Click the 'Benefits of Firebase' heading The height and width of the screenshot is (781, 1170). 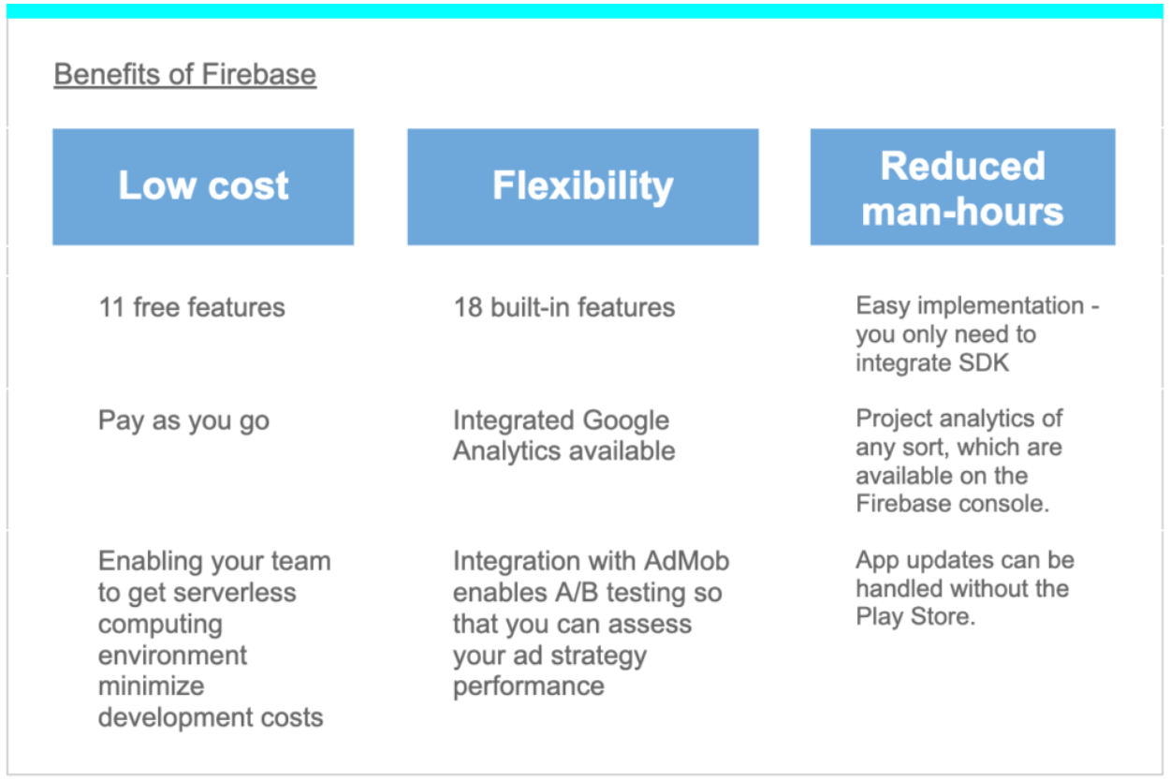click(x=185, y=74)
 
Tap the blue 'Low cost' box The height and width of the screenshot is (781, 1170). click(x=203, y=186)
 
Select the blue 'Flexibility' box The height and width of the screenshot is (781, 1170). click(x=583, y=186)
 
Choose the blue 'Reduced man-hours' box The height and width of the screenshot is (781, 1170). click(x=962, y=186)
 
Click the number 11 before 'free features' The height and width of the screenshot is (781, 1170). click(x=111, y=307)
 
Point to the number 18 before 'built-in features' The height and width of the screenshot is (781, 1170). click(x=468, y=307)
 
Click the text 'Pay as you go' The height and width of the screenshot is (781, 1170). click(x=183, y=421)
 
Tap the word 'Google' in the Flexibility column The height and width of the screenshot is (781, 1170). click(x=626, y=421)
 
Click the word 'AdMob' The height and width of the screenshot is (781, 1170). click(x=686, y=561)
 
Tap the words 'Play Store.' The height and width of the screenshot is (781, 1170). click(x=915, y=617)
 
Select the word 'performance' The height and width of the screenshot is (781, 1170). click(x=529, y=685)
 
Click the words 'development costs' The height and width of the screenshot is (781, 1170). click(x=211, y=717)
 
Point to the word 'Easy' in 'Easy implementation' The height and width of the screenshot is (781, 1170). click(x=883, y=306)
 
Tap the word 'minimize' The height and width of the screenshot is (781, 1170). click(x=151, y=685)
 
